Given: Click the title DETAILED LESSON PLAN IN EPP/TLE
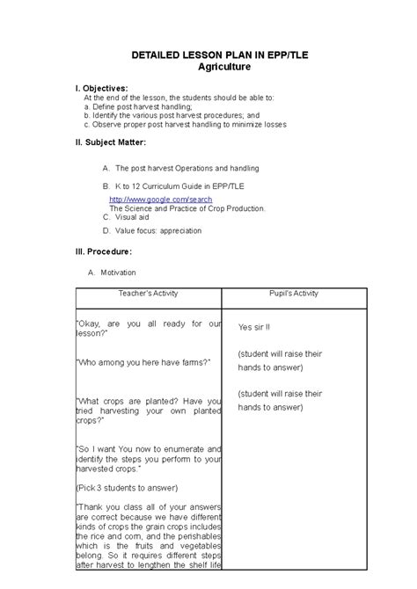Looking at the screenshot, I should click(x=208, y=55).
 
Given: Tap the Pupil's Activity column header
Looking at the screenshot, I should click(x=294, y=294).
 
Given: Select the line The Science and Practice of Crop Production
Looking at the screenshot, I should click(x=193, y=209).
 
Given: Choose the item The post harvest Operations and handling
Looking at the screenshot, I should click(x=187, y=167).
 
